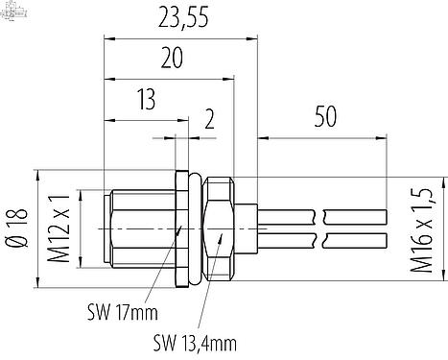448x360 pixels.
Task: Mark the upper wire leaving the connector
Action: pos(288,215)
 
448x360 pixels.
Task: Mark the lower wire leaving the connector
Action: pos(288,240)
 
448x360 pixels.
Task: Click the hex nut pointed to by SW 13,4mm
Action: pos(219,228)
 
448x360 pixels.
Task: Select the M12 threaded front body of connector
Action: pos(139,228)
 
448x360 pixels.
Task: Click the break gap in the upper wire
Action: pos(319,215)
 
